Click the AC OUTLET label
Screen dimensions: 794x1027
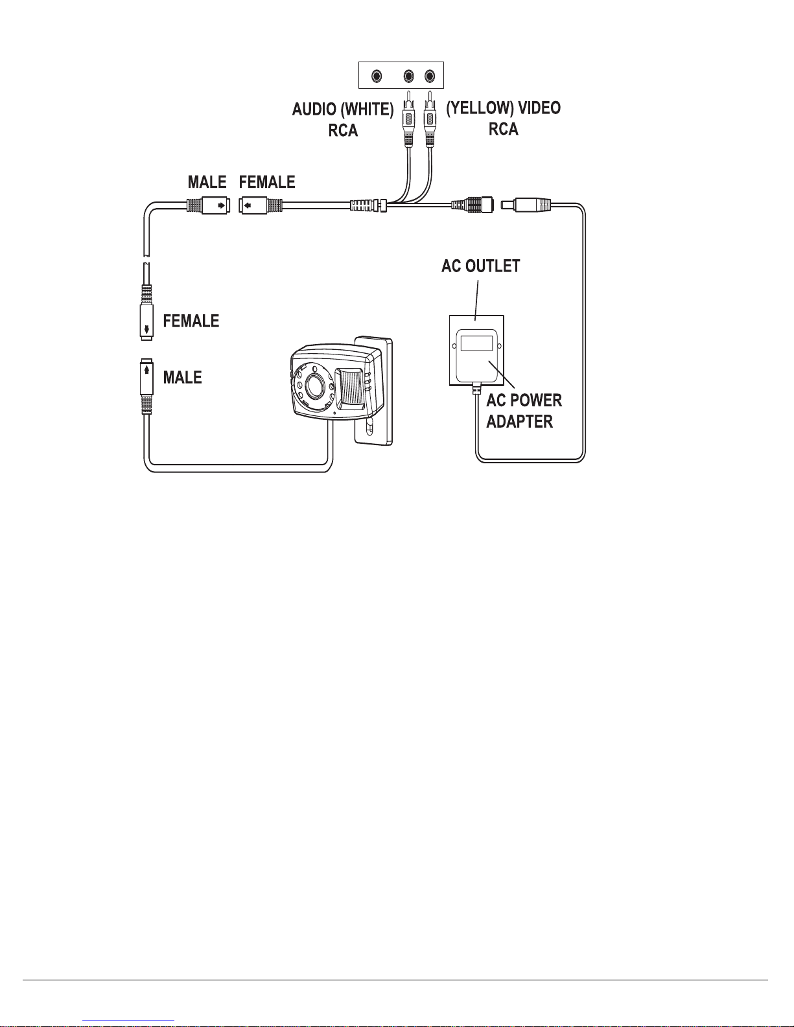tap(481, 266)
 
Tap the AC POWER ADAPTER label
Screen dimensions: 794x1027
tap(524, 411)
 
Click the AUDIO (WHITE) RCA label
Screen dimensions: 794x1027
tap(343, 120)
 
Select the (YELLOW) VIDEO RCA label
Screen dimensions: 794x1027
tap(504, 118)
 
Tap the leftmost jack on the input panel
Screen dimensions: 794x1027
tap(377, 76)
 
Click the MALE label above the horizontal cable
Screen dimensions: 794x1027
tap(207, 182)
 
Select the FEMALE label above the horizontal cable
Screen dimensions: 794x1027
tap(267, 182)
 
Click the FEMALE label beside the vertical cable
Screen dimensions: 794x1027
tap(191, 321)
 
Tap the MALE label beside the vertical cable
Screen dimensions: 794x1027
tap(182, 377)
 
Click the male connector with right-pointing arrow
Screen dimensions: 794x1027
tap(209, 205)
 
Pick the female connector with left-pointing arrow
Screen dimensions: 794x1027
tap(261, 205)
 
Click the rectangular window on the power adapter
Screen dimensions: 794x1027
tap(476, 343)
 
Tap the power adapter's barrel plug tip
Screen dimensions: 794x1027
tap(508, 205)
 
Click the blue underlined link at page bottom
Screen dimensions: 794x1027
tap(128, 1021)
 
